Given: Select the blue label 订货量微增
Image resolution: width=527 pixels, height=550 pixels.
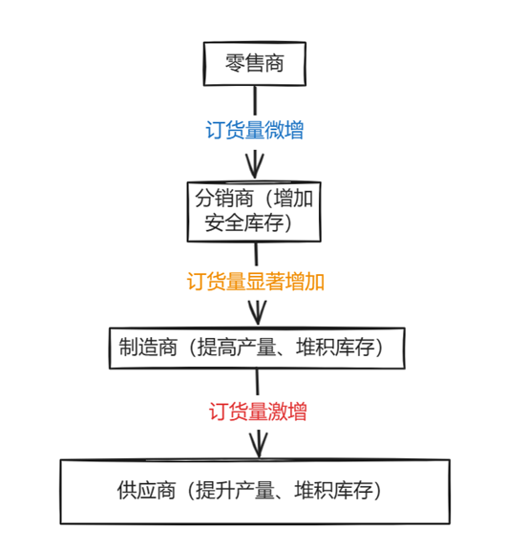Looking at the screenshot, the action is click(255, 130).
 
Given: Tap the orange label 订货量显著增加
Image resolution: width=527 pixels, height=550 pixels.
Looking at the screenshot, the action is click(255, 281).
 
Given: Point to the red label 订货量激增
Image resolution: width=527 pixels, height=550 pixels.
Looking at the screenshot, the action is click(258, 411).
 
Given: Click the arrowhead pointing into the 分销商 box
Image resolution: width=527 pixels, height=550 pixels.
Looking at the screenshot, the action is click(255, 165).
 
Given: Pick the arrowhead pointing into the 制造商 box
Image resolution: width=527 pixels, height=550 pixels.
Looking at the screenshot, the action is click(258, 313).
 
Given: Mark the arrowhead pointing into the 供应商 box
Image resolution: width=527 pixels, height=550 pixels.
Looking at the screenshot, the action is click(259, 445).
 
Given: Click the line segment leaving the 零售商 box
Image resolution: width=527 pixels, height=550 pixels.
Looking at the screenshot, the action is click(255, 100).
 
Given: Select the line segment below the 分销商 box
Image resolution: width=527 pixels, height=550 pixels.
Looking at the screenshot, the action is click(256, 254).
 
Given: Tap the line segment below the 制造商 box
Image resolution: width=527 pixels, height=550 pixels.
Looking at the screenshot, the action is click(258, 382).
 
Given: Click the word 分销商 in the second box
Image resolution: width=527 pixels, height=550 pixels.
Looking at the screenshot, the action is click(224, 199).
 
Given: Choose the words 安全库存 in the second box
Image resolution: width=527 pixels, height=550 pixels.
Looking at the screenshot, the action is click(244, 222).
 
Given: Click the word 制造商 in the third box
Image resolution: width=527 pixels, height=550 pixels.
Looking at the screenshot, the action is click(148, 348).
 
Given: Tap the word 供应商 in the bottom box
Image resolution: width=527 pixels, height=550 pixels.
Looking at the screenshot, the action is click(146, 490).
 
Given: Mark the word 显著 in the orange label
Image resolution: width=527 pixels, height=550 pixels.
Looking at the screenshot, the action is click(265, 281).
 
